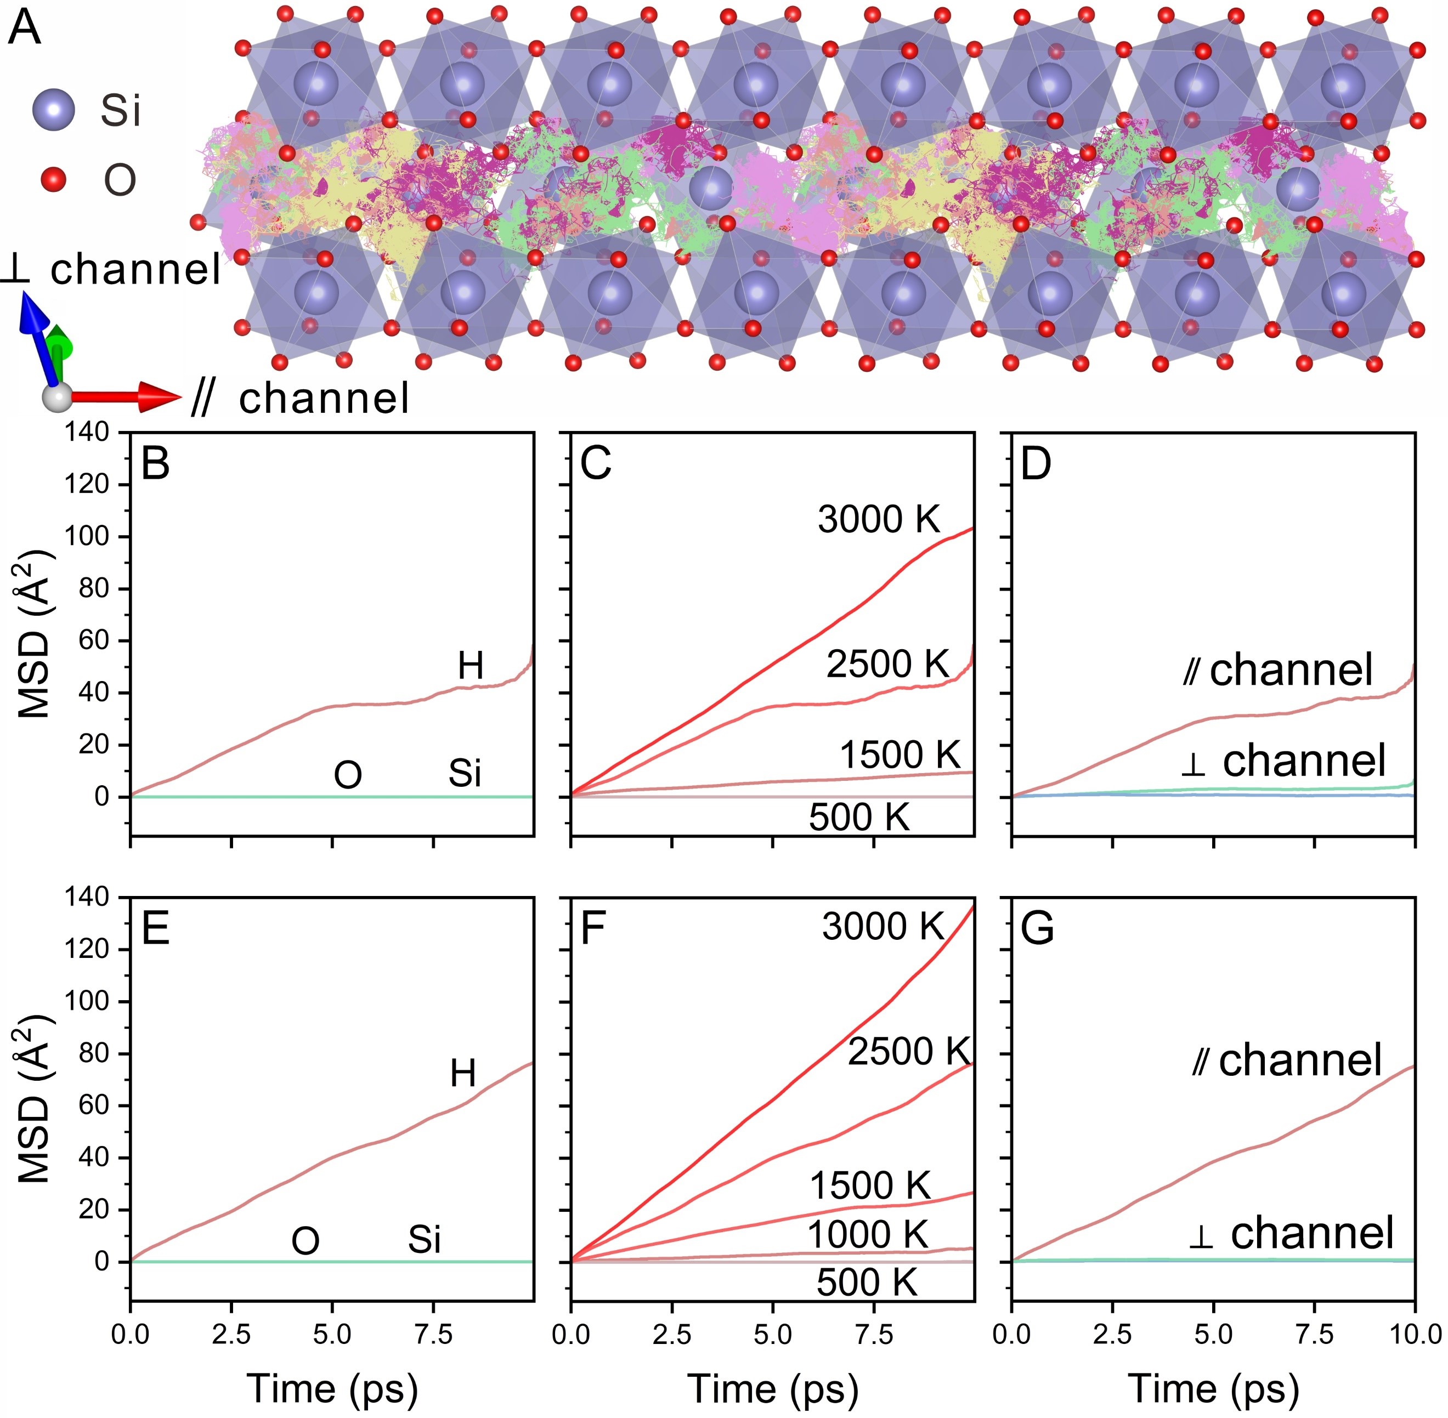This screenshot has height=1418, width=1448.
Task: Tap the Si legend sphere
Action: [54, 110]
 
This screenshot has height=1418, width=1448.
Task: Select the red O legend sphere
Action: [54, 179]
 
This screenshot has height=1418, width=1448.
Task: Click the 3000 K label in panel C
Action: [879, 519]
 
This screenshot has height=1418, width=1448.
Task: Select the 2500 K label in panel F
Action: [909, 1051]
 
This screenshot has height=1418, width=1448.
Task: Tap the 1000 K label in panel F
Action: [868, 1234]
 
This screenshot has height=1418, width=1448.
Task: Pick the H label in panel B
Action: [471, 665]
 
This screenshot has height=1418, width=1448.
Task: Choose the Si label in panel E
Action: [424, 1240]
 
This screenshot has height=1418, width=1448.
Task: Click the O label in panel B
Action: [348, 775]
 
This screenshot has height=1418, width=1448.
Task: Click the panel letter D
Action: [1036, 463]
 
